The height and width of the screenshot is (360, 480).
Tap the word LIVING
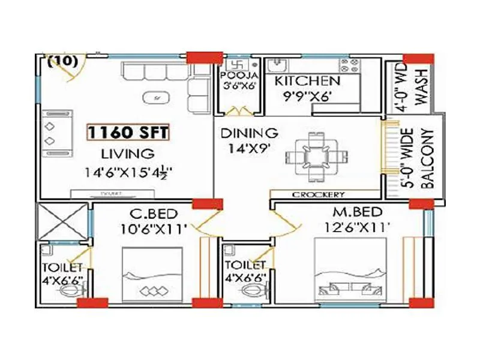coord(127,152)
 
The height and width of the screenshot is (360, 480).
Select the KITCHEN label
coord(307,81)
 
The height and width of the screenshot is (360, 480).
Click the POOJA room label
coord(239,76)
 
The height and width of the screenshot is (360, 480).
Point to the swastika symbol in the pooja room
coord(234,64)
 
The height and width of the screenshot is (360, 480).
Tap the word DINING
coord(248,133)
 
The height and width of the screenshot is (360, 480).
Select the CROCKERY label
coord(319,194)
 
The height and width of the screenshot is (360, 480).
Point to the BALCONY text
coord(428,158)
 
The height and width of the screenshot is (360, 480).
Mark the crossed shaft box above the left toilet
coord(63,222)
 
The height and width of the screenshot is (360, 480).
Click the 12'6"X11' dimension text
coord(359,227)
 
